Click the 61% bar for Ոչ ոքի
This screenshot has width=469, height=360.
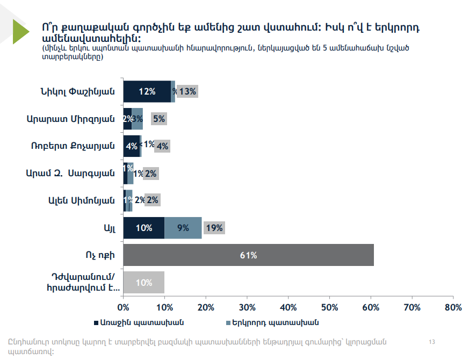tap(248, 255)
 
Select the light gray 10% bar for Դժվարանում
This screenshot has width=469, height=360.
tap(143, 282)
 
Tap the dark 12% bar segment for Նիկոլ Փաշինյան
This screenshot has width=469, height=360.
tap(147, 91)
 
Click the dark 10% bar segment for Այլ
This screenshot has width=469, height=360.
tap(143, 228)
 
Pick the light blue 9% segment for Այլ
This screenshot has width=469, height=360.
tap(183, 228)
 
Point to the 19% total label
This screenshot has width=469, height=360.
tap(214, 228)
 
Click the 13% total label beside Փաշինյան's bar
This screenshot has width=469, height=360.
tap(187, 91)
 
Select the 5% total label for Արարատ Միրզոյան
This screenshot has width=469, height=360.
tap(159, 119)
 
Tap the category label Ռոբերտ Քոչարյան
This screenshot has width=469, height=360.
tap(78, 146)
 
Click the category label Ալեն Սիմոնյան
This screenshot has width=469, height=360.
tap(81, 200)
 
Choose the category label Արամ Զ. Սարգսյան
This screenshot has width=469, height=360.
tap(70, 173)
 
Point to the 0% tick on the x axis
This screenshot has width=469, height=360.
tap(124, 307)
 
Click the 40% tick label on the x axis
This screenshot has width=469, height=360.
tap(288, 307)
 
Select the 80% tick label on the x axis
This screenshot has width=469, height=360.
tap(453, 307)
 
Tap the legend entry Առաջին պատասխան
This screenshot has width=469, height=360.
tap(140, 322)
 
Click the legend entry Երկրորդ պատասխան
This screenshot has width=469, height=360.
tap(276, 322)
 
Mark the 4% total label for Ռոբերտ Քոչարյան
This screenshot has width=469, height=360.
tap(162, 146)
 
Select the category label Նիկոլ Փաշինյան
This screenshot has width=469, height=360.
tap(77, 91)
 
